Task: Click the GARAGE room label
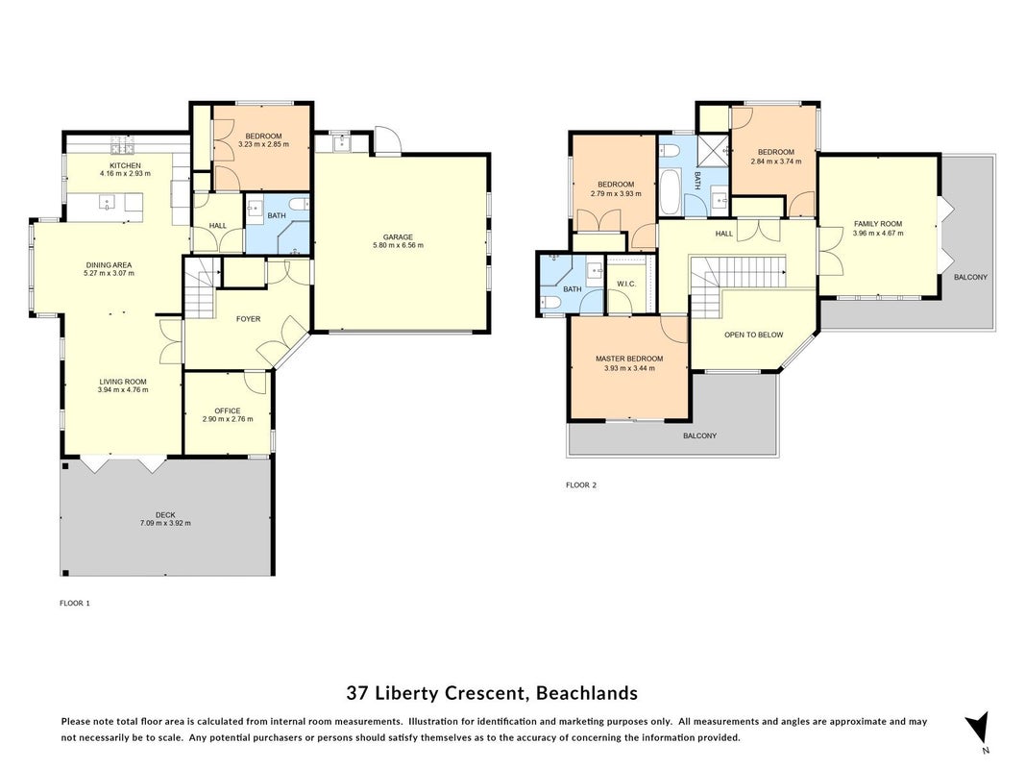[x=398, y=236]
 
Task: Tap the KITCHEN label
[x=125, y=165]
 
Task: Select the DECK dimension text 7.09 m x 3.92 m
[x=165, y=523]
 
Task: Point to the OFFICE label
[x=228, y=410]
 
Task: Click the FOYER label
[x=249, y=319]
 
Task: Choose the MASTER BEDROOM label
[x=629, y=359]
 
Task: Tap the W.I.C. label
[x=626, y=284]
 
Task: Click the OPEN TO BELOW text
[x=754, y=335]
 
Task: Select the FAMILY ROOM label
[x=877, y=224]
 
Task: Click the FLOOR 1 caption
[x=75, y=603]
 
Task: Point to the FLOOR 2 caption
[x=581, y=485]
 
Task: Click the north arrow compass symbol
[x=978, y=730]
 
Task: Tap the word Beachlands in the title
[x=587, y=692]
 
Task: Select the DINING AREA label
[x=109, y=265]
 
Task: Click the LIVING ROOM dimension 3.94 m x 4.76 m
[x=123, y=389]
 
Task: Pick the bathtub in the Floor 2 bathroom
[x=671, y=191]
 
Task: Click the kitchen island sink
[x=107, y=202]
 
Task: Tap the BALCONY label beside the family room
[x=970, y=277]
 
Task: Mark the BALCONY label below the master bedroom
[x=699, y=435]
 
